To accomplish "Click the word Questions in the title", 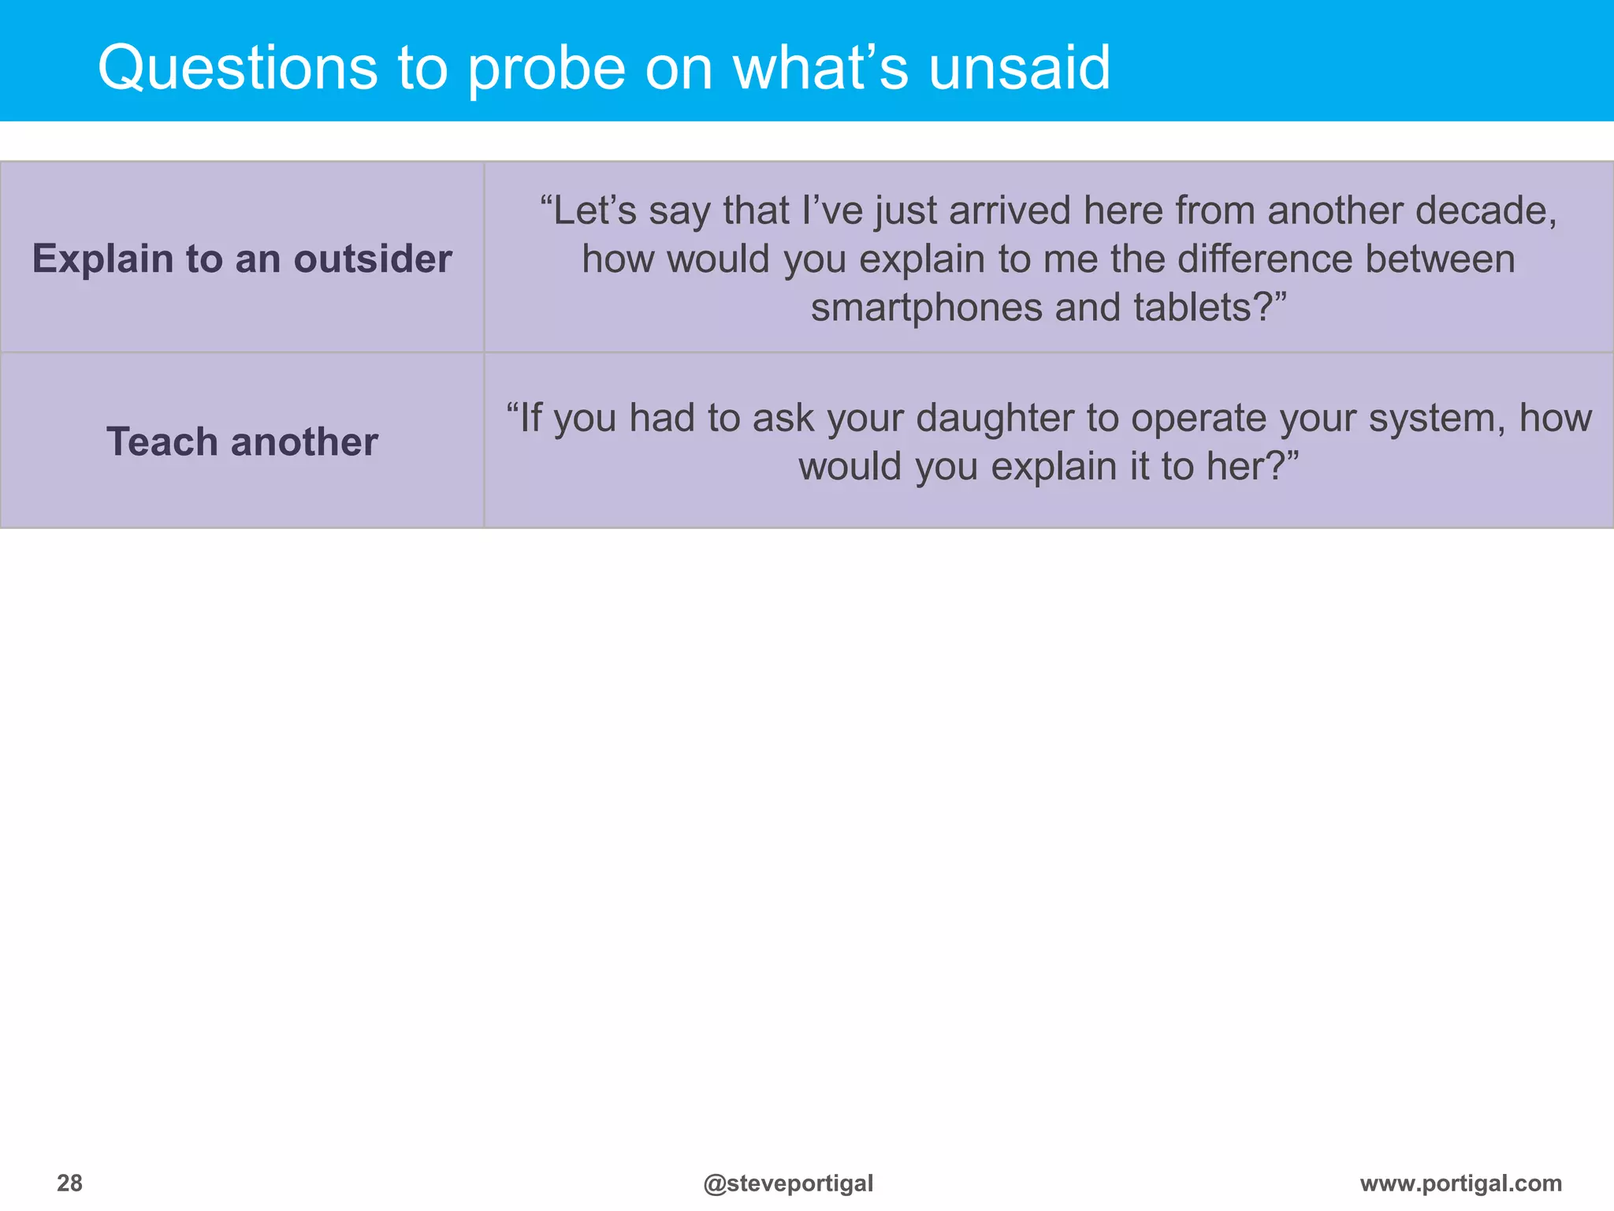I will coord(236,69).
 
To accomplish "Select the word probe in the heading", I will coord(547,69).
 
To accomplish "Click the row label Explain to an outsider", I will coord(242,259).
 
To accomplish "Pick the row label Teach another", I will coord(242,442).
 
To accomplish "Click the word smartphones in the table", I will coord(926,307).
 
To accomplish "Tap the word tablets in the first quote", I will coord(1190,307).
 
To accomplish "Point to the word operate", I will coord(1185,418).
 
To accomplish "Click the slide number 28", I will coord(69,1183).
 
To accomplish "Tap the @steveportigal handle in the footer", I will coord(788,1183).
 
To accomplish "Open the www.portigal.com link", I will coord(1460,1183).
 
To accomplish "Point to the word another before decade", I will coord(1335,211).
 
